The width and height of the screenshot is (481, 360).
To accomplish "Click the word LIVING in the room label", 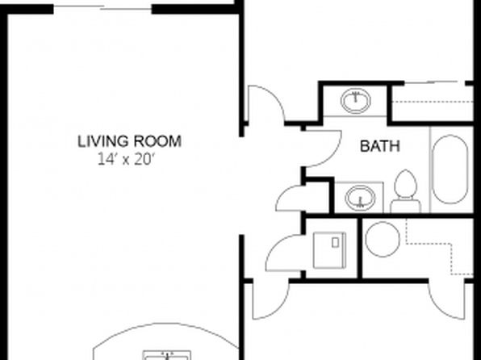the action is coord(102,141).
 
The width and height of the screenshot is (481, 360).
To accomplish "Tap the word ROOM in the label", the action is coord(157,141).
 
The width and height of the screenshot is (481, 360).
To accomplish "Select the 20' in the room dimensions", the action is coord(144,160).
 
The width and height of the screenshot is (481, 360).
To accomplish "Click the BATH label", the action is coord(380,146).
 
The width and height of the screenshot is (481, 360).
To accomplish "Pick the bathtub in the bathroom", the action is coord(450,170).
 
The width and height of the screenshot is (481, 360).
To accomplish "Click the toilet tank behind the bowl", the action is coord(405,206).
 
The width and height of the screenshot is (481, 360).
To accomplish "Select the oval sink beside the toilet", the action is coord(360,198).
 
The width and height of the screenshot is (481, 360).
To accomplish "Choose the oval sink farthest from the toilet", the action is coord(356,101).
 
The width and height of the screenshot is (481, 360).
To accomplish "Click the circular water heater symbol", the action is coord(383,239).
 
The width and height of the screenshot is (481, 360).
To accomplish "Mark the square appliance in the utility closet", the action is coord(329,250).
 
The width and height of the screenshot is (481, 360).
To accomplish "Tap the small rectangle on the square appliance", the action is coord(335,243).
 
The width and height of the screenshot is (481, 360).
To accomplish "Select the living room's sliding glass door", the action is coord(102,8).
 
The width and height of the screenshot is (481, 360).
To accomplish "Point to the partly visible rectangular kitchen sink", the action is coord(166,355).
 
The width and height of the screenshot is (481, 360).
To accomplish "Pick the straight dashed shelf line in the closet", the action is coord(433,102).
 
